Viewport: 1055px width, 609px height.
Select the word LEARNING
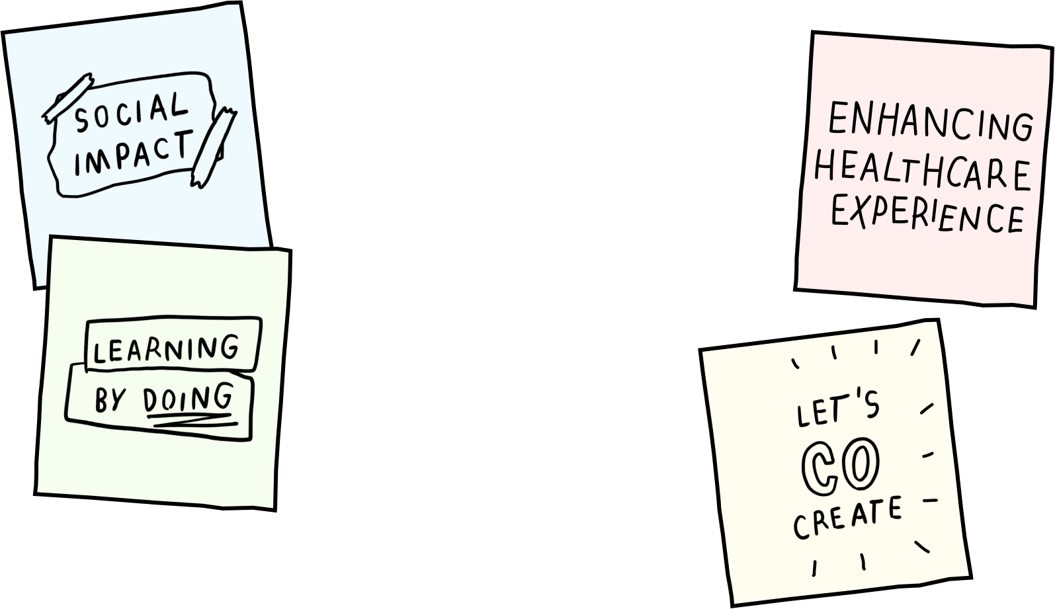166,349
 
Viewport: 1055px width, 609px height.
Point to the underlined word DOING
189,398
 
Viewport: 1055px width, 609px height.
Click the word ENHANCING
929,122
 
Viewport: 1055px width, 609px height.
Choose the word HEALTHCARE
922,171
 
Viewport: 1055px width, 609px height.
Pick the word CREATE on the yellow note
847,517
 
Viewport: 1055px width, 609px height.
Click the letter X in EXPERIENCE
859,212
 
